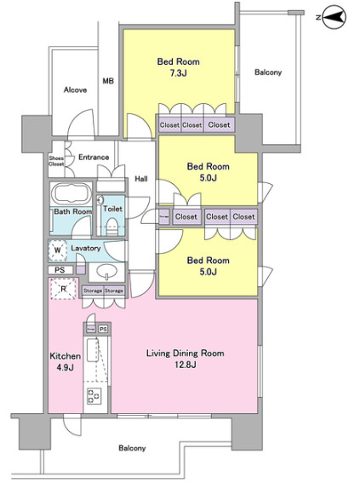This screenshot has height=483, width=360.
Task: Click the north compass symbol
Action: coord(334,17)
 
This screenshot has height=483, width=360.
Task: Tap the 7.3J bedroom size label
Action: coord(179,73)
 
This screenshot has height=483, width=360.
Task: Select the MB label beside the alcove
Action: coord(108,81)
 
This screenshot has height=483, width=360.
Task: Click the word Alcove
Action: coord(75,90)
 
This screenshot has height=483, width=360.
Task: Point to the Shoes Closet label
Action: coord(56,161)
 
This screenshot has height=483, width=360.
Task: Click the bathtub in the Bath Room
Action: coord(71,193)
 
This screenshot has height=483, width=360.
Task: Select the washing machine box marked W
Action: coord(58,250)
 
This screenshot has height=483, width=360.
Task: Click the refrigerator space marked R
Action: coord(63,289)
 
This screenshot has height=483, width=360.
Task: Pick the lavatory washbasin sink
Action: coord(106,272)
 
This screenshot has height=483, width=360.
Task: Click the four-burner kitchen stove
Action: coord(94,396)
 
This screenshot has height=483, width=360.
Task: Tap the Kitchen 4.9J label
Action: coord(66,362)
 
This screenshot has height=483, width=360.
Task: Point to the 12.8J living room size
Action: coord(186,365)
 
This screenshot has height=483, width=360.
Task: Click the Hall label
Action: coord(141,179)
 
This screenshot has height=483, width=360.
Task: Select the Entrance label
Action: coord(94,157)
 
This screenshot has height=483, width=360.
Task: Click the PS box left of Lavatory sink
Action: coord(60,270)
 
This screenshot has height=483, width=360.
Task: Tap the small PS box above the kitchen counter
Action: coord(103,329)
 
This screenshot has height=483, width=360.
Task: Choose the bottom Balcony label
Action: coord(132,448)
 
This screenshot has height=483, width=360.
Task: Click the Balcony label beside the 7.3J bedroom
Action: coord(268,72)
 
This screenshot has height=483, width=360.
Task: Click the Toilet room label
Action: coord(112,209)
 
